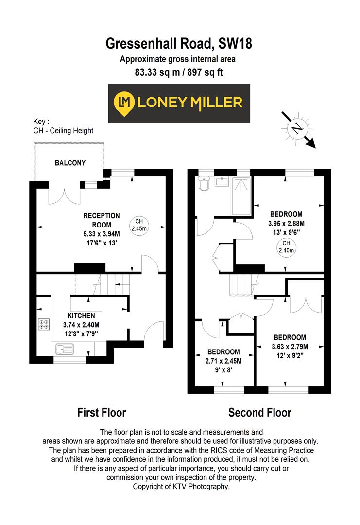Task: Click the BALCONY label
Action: tap(69, 163)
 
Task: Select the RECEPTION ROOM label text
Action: tap(102, 220)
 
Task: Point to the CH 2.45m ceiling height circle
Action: tap(138, 225)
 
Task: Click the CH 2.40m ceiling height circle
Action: tap(286, 247)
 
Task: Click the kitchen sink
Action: tap(65, 349)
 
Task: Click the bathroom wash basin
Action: tap(223, 182)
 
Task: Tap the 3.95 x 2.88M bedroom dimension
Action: tap(286, 223)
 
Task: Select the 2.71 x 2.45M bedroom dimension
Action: tap(223, 361)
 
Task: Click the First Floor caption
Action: tap(102, 413)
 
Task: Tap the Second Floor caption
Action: tap(260, 413)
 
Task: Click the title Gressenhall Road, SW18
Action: tap(179, 44)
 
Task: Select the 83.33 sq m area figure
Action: tap(153, 72)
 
